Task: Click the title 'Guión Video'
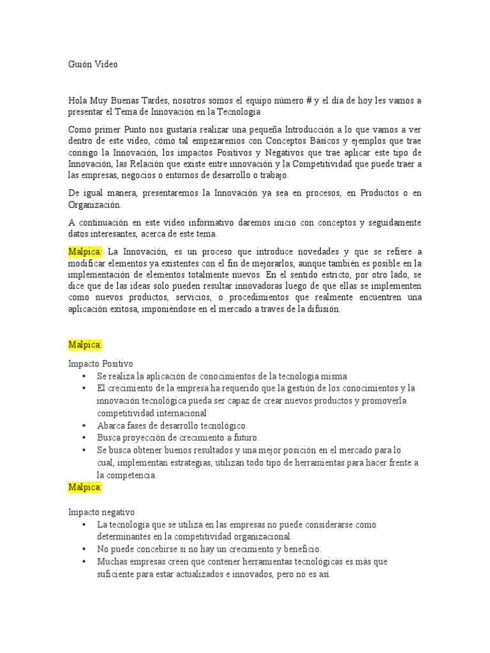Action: tap(93, 64)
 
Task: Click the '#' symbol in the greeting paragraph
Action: tap(309, 101)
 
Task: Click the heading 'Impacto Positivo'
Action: tap(101, 363)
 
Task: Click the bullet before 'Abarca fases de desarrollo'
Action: tap(84, 425)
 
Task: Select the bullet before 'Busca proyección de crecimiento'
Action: tap(84, 438)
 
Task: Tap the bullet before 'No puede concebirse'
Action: tap(84, 549)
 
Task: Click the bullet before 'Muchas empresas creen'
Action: tap(84, 562)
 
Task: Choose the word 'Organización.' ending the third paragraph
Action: tap(94, 205)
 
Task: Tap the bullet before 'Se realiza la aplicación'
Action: tap(84, 376)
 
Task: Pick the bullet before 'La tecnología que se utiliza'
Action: tap(84, 524)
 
